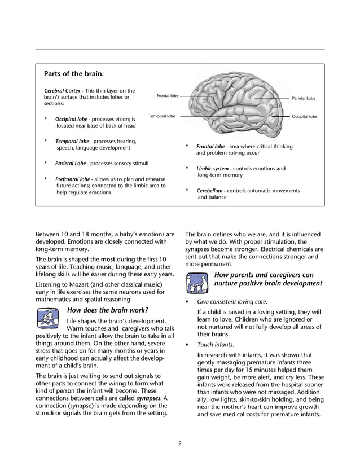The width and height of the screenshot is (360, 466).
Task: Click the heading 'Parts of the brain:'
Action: (74, 73)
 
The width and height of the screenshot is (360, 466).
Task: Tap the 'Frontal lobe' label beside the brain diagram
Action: (167, 96)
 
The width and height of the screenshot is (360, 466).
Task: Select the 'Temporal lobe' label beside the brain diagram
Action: (161, 116)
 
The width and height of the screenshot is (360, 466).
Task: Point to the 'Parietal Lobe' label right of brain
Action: (303, 98)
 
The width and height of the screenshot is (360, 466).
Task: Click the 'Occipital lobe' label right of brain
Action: (304, 116)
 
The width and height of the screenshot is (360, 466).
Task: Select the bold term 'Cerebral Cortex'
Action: (63, 90)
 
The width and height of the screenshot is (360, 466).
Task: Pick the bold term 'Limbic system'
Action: (212, 168)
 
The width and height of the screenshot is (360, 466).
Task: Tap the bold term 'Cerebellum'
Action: (210, 191)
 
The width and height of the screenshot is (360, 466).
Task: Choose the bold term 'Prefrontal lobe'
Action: (72, 179)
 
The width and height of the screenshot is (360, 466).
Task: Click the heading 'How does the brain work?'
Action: (108, 310)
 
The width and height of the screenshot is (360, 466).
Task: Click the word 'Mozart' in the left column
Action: (78, 284)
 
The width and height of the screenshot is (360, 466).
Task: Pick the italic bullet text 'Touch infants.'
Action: (214, 344)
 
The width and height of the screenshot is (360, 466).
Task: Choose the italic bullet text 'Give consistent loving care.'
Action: (232, 301)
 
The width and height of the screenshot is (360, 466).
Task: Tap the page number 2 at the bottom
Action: (180, 443)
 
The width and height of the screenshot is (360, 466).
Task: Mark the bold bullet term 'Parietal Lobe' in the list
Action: (71, 164)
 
